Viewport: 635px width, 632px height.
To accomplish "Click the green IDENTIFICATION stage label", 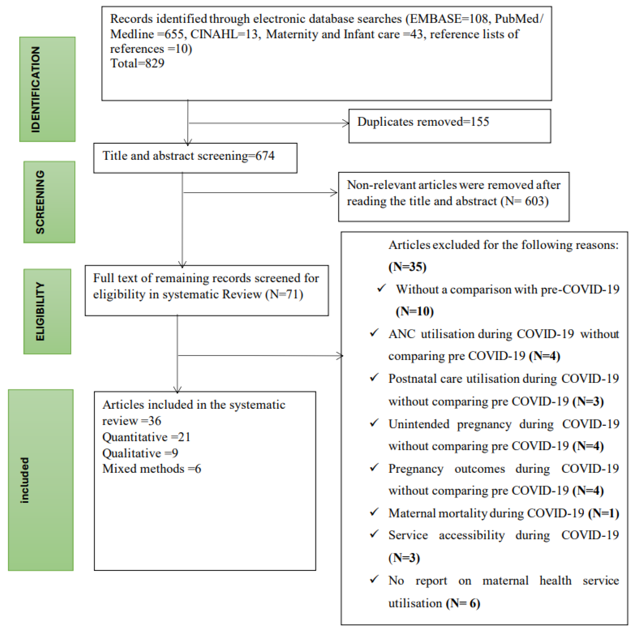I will click(x=47, y=89).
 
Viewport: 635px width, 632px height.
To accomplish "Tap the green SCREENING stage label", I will click(x=49, y=202).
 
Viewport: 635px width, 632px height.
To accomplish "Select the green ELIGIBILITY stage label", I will click(x=47, y=311).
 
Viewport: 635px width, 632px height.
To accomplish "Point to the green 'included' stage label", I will click(x=41, y=480).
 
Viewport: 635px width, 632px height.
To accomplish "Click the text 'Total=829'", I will click(x=137, y=63).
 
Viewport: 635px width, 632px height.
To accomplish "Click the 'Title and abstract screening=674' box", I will click(x=195, y=158).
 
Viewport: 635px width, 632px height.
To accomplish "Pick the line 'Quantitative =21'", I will click(x=146, y=437).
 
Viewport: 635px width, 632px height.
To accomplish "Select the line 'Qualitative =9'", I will click(x=140, y=453).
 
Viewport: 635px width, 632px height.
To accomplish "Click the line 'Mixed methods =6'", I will click(x=152, y=469).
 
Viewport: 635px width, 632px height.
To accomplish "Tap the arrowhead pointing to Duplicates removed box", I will click(x=346, y=123).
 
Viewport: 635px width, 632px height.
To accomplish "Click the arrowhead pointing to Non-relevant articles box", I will click(x=334, y=193).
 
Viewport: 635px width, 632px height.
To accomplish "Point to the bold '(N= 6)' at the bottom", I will click(x=463, y=603).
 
